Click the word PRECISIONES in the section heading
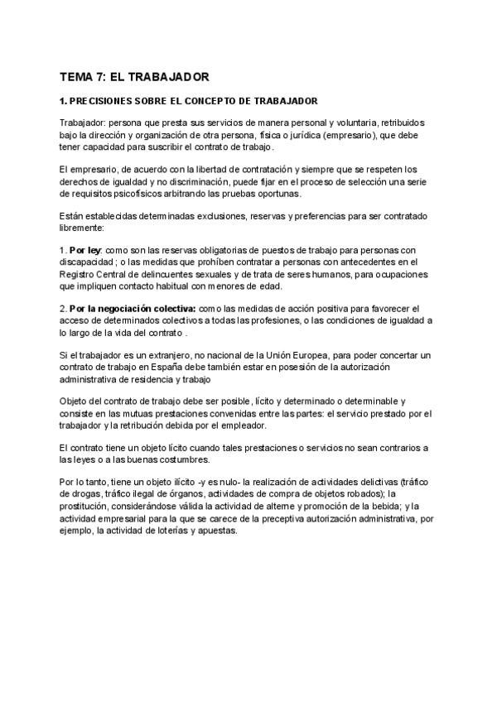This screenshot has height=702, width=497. [106, 101]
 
